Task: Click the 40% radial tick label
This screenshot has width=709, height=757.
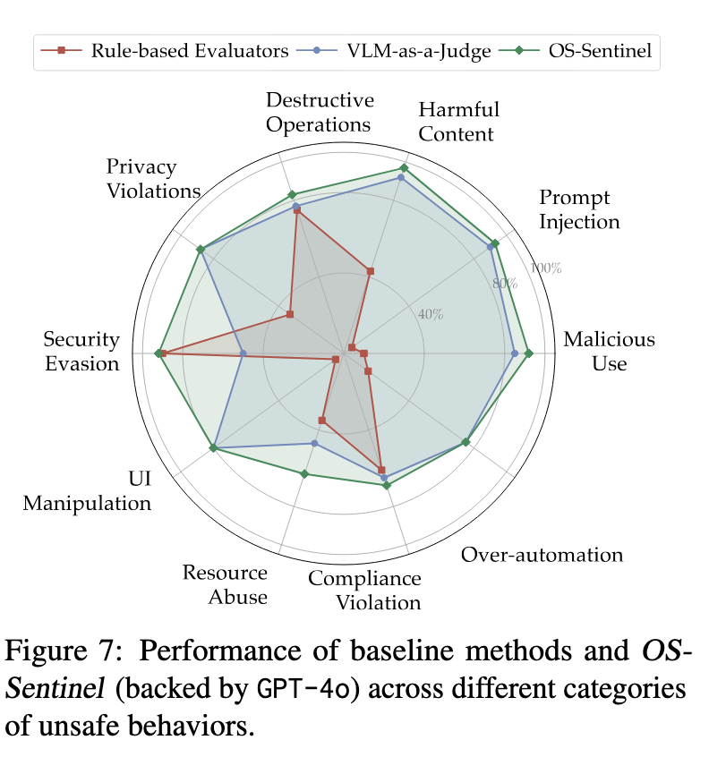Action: pos(431,314)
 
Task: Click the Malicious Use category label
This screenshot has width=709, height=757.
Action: pos(609,352)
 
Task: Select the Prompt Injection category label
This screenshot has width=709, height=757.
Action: pos(579,209)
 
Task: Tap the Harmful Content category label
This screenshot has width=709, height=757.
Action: pos(458,122)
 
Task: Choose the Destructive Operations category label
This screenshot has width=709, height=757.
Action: pos(320,112)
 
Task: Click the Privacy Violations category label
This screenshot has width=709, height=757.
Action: pos(152,178)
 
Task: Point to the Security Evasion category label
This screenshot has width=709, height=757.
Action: pos(81,352)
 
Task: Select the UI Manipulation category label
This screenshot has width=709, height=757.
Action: pos(87,491)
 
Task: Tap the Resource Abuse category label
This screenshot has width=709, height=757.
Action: pos(225,584)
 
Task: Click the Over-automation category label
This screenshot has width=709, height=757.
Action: pos(542,555)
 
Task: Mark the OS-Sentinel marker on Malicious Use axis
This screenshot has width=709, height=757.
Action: pos(529,353)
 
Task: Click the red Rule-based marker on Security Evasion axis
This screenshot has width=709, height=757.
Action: pos(164,353)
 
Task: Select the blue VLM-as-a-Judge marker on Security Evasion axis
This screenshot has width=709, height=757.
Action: pos(243,354)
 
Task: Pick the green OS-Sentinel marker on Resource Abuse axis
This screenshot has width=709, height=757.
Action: pos(304,473)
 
